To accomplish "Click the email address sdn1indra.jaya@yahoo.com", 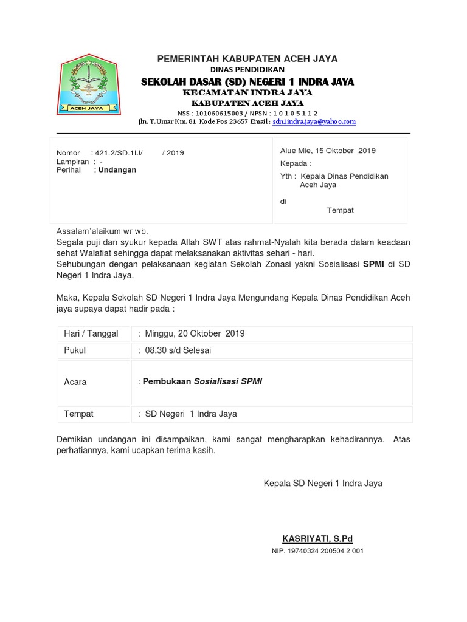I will pyautogui.click(x=314, y=121).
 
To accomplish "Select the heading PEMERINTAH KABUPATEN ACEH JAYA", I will pyautogui.click(x=247, y=58).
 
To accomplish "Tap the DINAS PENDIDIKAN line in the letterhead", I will pyautogui.click(x=247, y=70).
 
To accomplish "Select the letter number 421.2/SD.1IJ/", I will pyautogui.click(x=120, y=153).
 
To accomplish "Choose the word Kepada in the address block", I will pyautogui.click(x=294, y=163).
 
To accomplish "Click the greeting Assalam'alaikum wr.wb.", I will pyautogui.click(x=102, y=231).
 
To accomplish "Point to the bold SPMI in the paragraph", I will pyautogui.click(x=373, y=264).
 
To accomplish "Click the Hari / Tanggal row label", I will pyautogui.click(x=91, y=333).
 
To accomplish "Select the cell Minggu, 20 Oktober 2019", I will pyautogui.click(x=195, y=333).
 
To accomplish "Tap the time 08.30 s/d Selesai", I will pyautogui.click(x=178, y=350).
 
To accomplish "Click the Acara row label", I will pyautogui.click(x=75, y=382).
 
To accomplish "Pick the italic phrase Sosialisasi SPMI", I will pyautogui.click(x=228, y=381).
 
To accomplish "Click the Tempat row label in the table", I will pyautogui.click(x=79, y=414).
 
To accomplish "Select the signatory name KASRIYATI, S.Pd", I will pyautogui.click(x=317, y=539).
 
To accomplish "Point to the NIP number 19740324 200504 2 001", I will pyautogui.click(x=317, y=551).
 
